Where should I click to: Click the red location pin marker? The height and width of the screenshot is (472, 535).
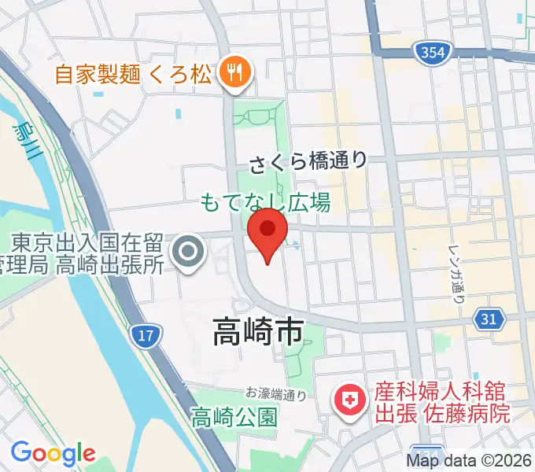point(267,233)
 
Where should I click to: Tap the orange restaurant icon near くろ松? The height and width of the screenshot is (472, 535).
point(234,74)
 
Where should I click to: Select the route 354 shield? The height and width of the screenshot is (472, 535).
point(426,53)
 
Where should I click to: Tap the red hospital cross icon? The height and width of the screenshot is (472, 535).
point(347,402)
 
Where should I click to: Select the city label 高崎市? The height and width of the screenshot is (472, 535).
point(257,333)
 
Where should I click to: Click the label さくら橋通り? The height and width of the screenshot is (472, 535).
point(308,163)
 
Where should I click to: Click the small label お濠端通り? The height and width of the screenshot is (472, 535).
point(275,393)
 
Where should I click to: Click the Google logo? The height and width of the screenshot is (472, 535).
point(52,453)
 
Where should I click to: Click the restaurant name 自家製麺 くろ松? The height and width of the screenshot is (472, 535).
point(133,75)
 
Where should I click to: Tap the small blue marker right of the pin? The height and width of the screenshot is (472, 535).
point(295,245)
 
